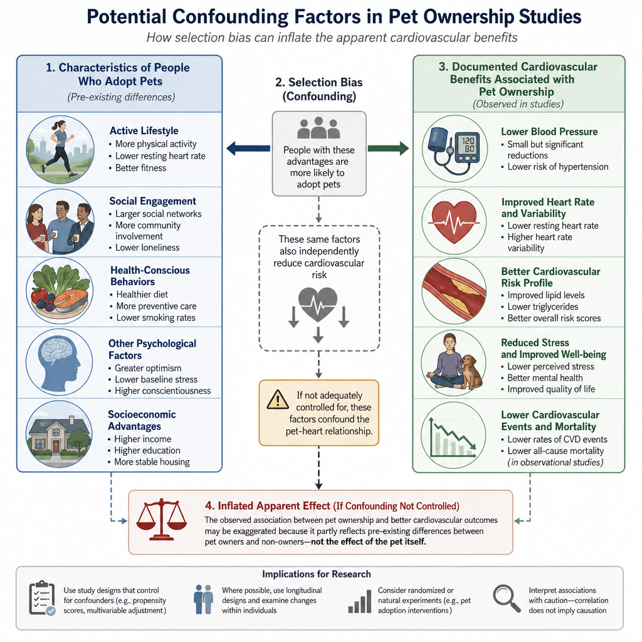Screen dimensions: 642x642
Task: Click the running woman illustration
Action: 60,149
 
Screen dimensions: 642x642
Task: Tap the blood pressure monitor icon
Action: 455,149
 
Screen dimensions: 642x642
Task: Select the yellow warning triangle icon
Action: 278,399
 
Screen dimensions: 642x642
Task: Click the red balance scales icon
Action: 161,519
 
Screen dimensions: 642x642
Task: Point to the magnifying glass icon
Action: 507,599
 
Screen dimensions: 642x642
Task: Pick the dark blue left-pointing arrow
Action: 248,148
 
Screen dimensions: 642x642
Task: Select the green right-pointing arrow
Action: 388,148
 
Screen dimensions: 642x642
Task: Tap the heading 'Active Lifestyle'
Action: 144,130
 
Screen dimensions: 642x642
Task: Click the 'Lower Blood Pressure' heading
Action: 549,132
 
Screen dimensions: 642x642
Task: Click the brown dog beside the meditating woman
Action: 471,371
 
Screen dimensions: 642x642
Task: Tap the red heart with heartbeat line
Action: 455,221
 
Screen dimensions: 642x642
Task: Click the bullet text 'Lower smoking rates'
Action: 155,318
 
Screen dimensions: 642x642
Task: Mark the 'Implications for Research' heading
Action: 317,574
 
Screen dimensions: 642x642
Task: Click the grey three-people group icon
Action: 318,128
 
